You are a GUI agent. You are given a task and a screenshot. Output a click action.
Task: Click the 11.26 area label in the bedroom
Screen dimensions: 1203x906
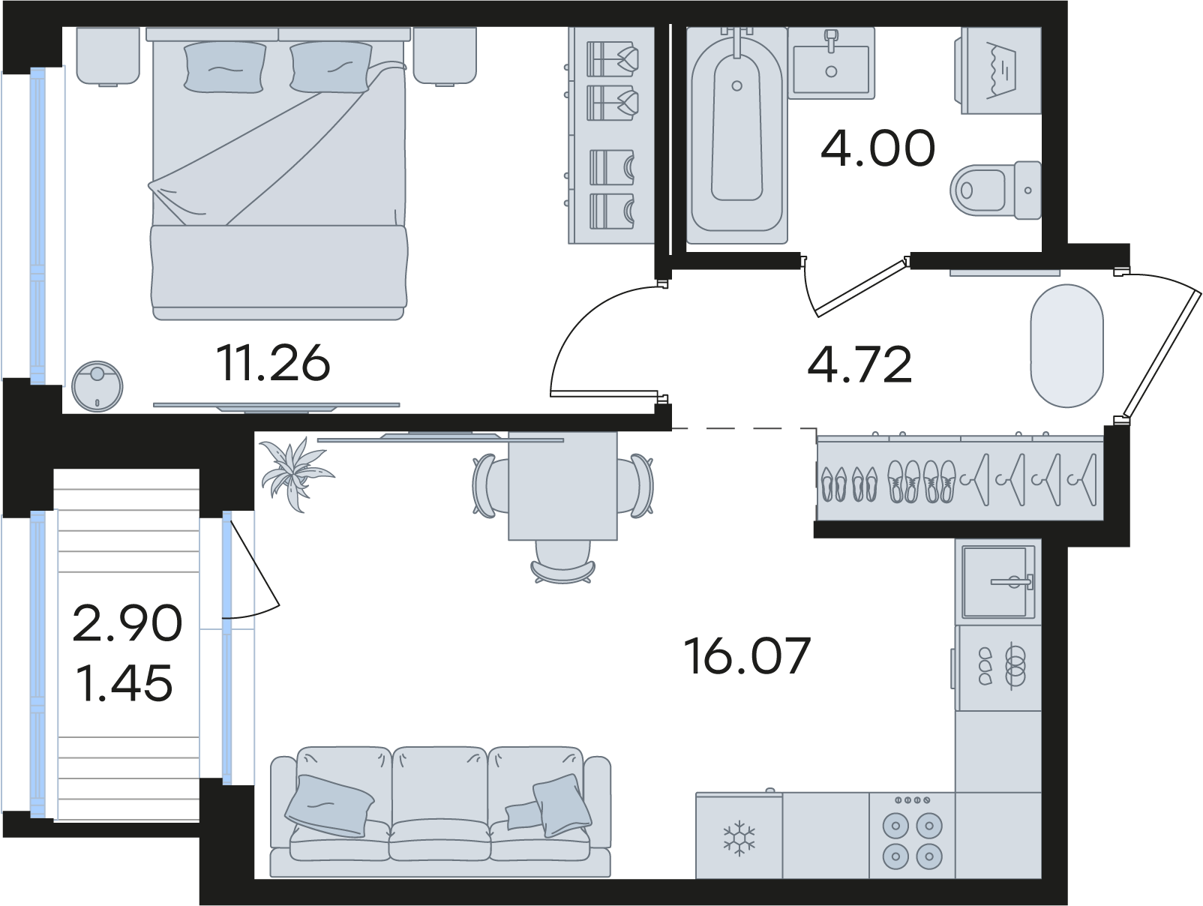(x=273, y=363)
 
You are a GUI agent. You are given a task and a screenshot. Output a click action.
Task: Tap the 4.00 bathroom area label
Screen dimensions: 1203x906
(x=877, y=148)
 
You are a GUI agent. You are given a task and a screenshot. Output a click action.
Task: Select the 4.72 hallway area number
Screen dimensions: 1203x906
(x=859, y=365)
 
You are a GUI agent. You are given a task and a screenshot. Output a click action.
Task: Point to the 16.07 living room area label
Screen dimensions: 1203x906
(x=747, y=655)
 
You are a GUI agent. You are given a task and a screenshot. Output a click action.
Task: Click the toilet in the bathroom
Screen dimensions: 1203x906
(x=995, y=190)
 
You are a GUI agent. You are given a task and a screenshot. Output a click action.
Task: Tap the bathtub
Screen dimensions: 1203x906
(x=736, y=135)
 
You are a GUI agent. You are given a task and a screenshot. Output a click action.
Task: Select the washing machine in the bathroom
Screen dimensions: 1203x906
(x=997, y=70)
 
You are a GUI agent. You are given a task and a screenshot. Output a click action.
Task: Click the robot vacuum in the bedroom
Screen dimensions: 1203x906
(x=97, y=386)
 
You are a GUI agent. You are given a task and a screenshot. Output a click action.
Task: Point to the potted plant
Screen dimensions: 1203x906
(x=296, y=473)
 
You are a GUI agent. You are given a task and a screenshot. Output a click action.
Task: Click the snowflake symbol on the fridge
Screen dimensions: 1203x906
(x=739, y=838)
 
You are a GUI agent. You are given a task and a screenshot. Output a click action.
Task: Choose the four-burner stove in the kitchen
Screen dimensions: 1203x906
(x=912, y=835)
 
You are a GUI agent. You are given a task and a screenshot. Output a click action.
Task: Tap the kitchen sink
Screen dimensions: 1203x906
(x=998, y=581)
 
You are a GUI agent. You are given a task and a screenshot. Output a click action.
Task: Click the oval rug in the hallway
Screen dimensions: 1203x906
(x=1066, y=346)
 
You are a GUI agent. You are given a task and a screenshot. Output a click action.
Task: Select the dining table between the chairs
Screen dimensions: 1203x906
(x=562, y=485)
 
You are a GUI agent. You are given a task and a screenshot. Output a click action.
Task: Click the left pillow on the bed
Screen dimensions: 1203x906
(x=225, y=67)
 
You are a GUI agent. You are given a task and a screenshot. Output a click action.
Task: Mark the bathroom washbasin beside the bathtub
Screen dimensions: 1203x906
(x=831, y=63)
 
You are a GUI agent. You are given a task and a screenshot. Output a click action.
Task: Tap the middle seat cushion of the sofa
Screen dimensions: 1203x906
(x=440, y=841)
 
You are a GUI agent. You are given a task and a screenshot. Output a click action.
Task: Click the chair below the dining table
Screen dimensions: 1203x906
(x=562, y=562)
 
